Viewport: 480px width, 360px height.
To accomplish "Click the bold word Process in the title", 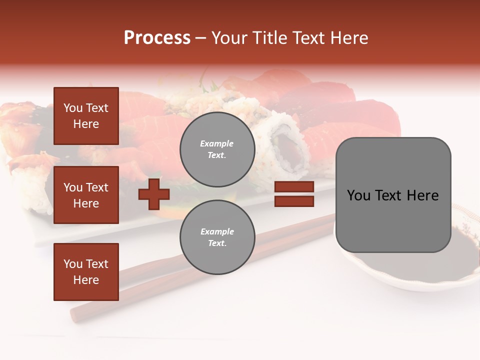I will coord(157,38).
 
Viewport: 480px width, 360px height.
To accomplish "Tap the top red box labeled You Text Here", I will coord(86,116).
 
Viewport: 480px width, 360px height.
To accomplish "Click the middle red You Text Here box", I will coord(86,195).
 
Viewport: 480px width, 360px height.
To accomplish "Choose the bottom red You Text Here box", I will coord(86,271).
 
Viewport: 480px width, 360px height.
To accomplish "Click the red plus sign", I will coord(154,194).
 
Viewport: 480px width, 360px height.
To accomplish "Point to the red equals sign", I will coord(294,194).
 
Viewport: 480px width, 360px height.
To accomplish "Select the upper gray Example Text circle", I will coord(217,149).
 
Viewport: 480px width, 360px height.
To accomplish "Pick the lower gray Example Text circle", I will coord(217,237).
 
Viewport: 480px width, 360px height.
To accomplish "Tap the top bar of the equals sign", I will coord(294,187).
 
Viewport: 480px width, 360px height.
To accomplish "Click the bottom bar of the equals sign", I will coord(294,201).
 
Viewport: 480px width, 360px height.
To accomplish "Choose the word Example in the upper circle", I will coord(216,143).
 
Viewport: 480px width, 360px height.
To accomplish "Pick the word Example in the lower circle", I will coord(217,231).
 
